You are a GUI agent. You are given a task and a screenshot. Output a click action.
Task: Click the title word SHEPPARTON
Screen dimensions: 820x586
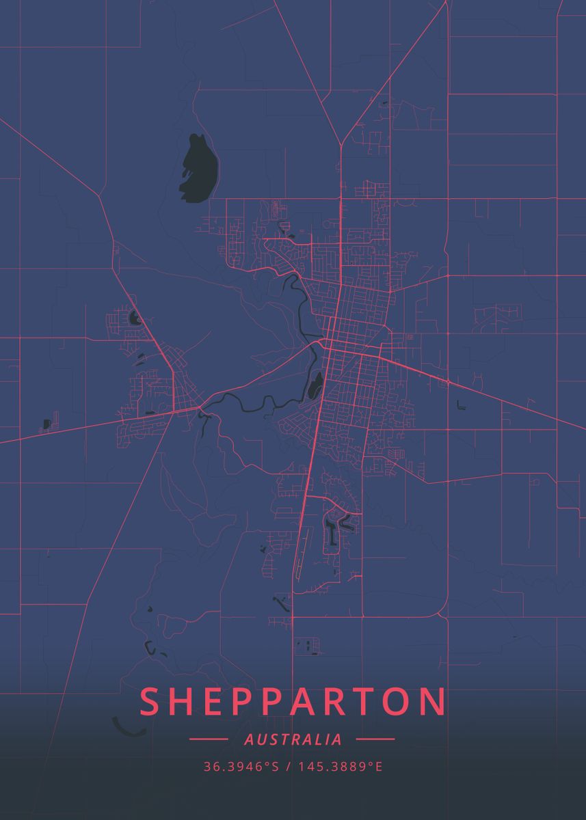(x=293, y=702)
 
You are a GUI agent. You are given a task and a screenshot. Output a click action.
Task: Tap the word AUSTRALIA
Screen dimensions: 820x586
(x=293, y=739)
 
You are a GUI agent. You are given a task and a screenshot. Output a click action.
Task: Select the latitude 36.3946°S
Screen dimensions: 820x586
(x=241, y=767)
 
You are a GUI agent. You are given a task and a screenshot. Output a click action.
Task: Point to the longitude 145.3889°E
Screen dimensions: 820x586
(x=339, y=767)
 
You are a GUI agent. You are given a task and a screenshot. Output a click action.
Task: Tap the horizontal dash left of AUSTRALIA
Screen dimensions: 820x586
(x=208, y=739)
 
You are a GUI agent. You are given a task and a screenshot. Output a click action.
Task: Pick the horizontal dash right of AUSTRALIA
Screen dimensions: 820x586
(x=375, y=739)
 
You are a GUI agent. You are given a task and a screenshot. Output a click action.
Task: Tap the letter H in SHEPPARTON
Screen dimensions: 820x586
(x=183, y=702)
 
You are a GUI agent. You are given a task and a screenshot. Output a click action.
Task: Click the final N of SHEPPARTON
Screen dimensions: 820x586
(x=434, y=702)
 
